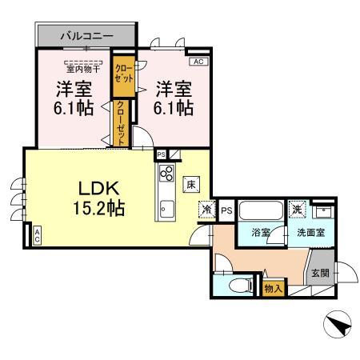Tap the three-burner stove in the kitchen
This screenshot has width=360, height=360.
pos(167,174)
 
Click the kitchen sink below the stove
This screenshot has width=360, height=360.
pos(166,210)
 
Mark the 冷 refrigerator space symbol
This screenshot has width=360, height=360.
pos(206,210)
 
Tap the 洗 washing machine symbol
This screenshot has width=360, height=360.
pos(298,209)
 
